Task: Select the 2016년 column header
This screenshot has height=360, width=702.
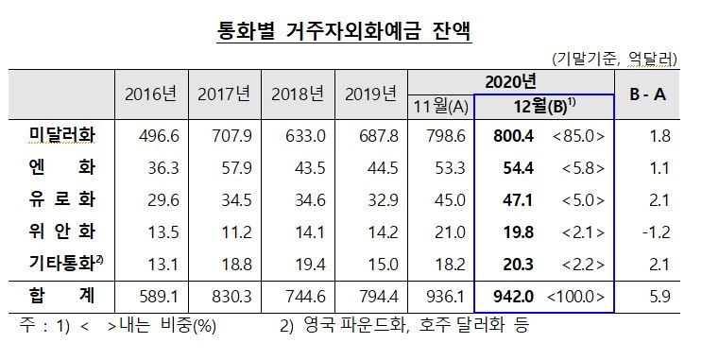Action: [x=151, y=94]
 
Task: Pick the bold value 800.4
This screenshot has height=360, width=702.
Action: [x=513, y=136]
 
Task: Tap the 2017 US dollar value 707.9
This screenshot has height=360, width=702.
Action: [x=224, y=136]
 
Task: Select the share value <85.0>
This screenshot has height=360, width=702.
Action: [x=575, y=136]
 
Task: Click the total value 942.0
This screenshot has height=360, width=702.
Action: [x=513, y=297]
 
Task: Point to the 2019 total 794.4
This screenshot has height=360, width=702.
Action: [x=369, y=297]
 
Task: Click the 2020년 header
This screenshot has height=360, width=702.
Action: [x=511, y=80]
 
